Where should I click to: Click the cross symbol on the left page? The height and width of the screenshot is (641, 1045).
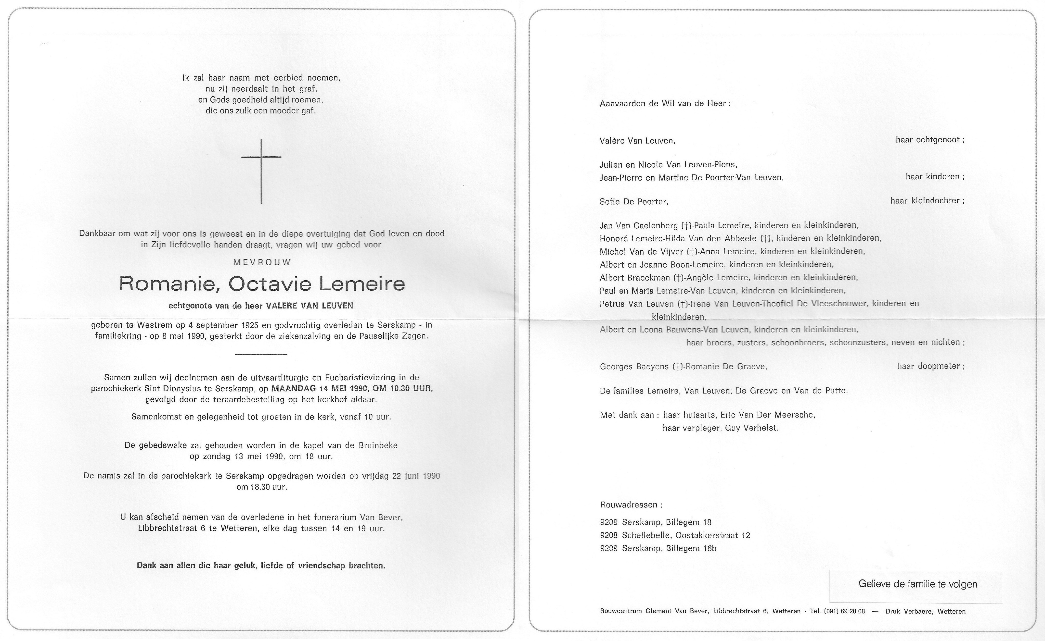(261, 170)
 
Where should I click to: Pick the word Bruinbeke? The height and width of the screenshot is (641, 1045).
(378, 445)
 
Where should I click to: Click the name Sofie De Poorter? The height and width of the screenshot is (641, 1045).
(634, 202)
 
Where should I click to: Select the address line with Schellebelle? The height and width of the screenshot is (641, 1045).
(675, 535)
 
